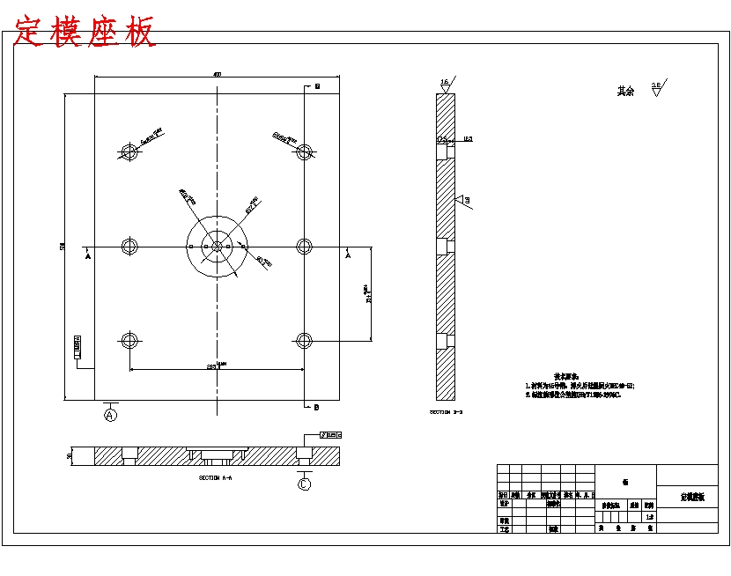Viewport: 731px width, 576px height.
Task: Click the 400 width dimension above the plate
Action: pyautogui.click(x=217, y=75)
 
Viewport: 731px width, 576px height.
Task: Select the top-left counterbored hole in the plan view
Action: pyautogui.click(x=131, y=152)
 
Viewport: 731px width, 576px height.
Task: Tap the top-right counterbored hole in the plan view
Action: pyautogui.click(x=304, y=152)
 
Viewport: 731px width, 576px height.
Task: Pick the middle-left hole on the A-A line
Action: pyautogui.click(x=131, y=246)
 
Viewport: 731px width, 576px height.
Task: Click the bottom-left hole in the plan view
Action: pyautogui.click(x=131, y=340)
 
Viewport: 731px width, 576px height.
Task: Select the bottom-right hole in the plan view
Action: pyautogui.click(x=304, y=340)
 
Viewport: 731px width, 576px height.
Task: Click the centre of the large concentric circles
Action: pyautogui.click(x=217, y=246)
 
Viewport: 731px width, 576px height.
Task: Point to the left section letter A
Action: pyautogui.click(x=88, y=257)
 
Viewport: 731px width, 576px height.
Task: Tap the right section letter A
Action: pyautogui.click(x=347, y=257)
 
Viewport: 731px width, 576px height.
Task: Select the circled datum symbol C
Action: pyautogui.click(x=305, y=484)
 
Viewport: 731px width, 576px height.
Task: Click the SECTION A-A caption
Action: pyautogui.click(x=216, y=477)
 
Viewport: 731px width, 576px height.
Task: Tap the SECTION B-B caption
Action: pyautogui.click(x=446, y=411)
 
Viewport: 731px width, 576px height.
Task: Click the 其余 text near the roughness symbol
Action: pyautogui.click(x=625, y=91)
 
